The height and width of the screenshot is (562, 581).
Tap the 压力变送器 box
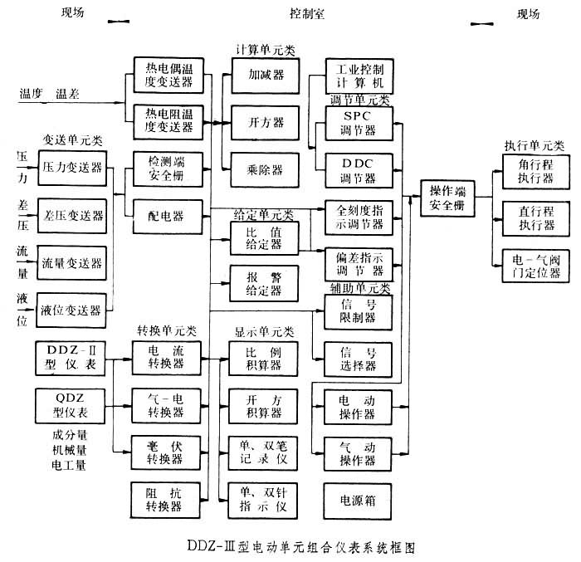coord(73,167)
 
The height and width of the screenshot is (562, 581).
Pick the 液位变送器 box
coord(73,310)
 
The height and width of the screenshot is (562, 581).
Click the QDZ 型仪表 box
coord(73,407)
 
